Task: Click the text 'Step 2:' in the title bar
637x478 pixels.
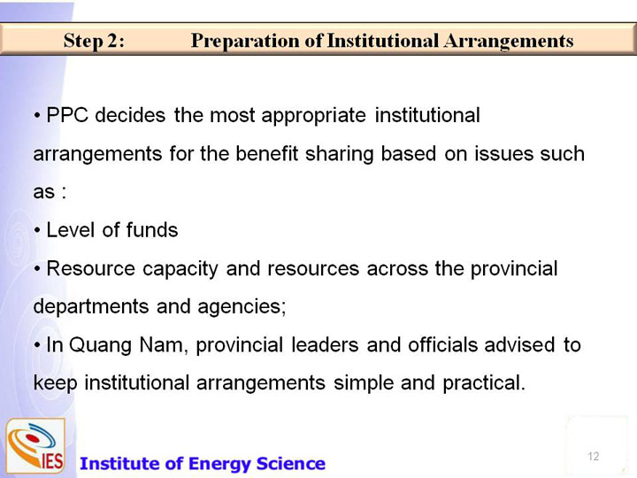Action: tap(94, 41)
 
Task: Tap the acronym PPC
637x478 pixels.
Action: tap(67, 115)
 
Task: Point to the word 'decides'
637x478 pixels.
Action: tap(130, 115)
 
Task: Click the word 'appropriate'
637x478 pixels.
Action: tap(313, 116)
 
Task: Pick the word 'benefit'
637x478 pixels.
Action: tap(267, 154)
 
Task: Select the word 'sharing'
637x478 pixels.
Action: tap(339, 154)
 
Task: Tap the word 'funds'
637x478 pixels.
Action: tap(152, 230)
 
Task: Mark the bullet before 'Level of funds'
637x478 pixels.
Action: tap(37, 231)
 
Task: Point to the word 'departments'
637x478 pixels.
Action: tap(91, 306)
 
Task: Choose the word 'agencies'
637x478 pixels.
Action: tap(242, 307)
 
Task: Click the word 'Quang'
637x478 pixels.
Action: tap(100, 345)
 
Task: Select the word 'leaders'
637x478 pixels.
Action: tap(325, 344)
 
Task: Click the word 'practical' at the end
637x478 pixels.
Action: tap(483, 383)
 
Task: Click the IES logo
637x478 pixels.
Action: tap(35, 446)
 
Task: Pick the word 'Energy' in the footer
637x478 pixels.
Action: tap(219, 464)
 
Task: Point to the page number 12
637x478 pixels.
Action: tap(593, 456)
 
